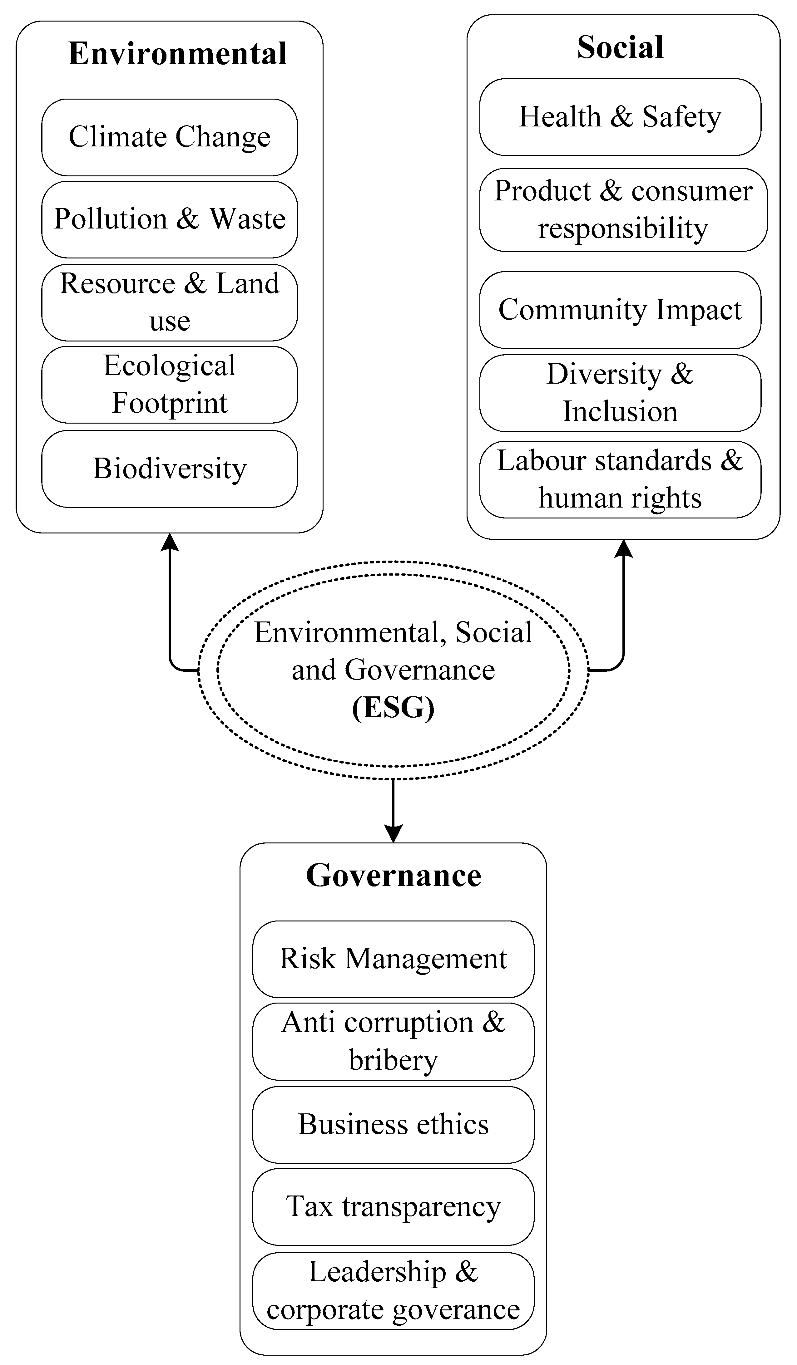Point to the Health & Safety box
(x=620, y=117)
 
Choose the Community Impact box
(x=620, y=310)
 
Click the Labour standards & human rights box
(x=620, y=479)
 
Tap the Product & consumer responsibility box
(x=623, y=210)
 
